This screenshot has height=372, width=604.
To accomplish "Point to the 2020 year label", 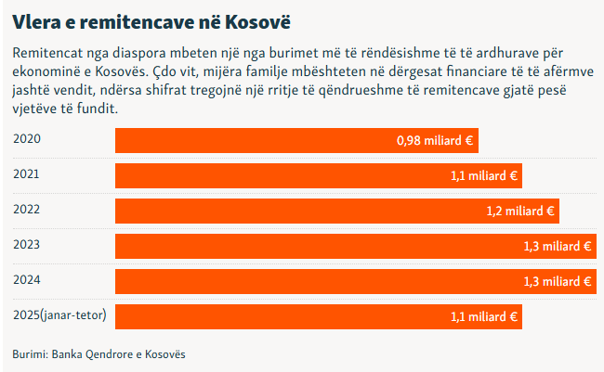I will coord(27,138).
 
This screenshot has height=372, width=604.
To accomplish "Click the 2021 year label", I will coord(27,173).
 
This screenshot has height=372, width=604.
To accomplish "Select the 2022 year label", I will coord(27,209).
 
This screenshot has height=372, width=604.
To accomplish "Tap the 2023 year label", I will coord(27,244).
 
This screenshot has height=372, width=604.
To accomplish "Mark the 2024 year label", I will coord(27,279).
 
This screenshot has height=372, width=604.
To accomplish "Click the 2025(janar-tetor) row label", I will coord(59,314).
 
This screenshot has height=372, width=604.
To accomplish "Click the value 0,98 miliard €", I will coord(435,141).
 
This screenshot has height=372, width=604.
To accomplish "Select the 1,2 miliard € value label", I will coord(520,212).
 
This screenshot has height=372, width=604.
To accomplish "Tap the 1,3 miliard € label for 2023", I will coord(558,247).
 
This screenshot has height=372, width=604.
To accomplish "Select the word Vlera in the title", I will coord(35,19).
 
